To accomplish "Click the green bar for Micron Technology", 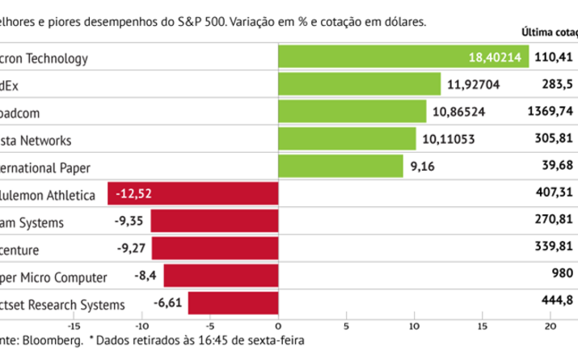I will click(x=403, y=57).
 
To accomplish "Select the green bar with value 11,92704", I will click(x=359, y=84).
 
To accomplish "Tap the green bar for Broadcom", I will click(x=352, y=112).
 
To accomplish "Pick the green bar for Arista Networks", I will click(x=347, y=139).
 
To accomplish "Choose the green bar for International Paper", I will click(x=340, y=167).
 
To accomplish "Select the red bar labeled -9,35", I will click(x=214, y=222).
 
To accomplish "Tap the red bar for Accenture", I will click(x=215, y=249).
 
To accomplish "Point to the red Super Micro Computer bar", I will click(x=221, y=277).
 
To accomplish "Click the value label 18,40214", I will click(x=495, y=57).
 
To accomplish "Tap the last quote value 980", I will click(x=562, y=277).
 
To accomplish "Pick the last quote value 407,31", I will click(x=554, y=194).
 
